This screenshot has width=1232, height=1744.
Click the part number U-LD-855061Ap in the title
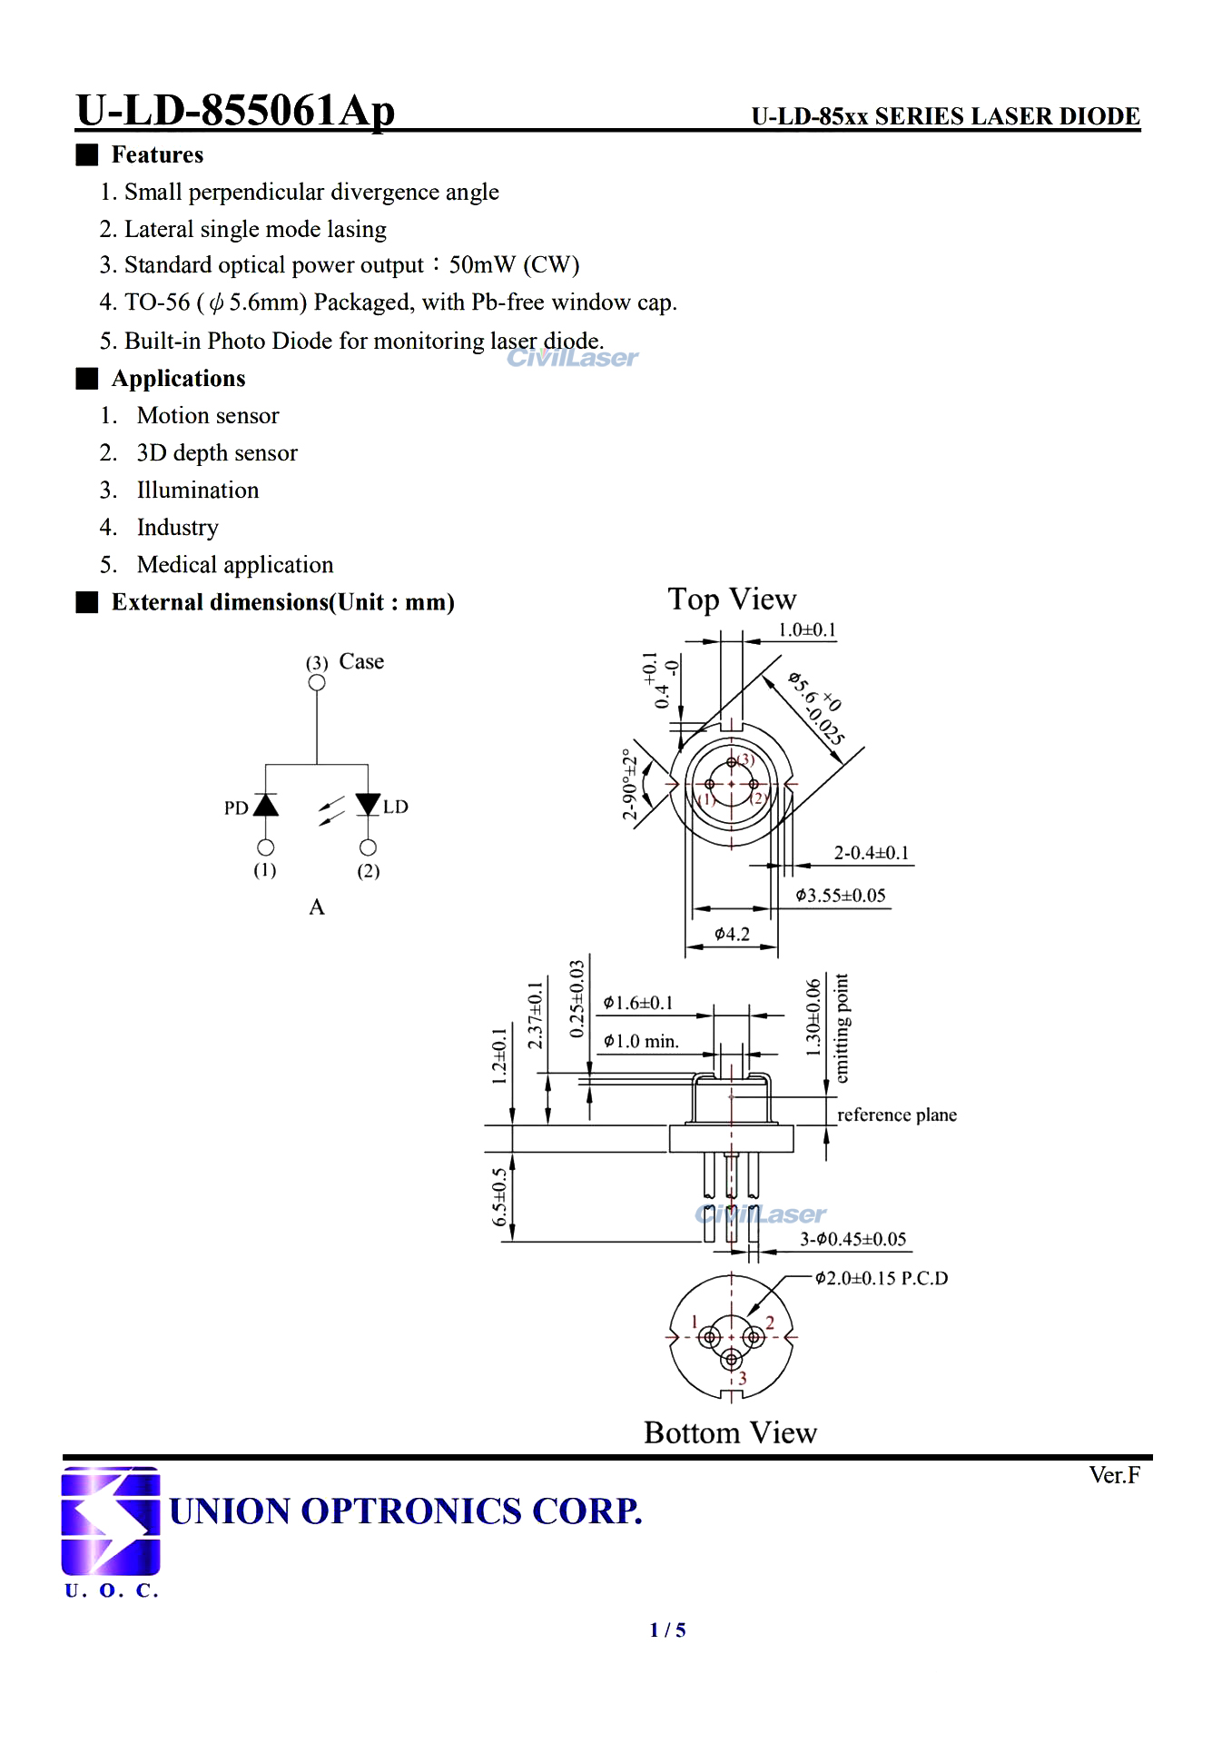click(x=235, y=111)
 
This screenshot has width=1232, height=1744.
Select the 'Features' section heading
click(x=156, y=154)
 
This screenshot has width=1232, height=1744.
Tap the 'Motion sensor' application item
click(x=207, y=415)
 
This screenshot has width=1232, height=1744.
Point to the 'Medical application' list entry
click(x=234, y=565)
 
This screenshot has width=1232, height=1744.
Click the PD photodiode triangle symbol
click(x=265, y=805)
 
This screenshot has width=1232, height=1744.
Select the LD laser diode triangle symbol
click(x=368, y=804)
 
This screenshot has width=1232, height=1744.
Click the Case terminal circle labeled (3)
click(x=317, y=682)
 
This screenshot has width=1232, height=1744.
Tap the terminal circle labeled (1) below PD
click(x=265, y=847)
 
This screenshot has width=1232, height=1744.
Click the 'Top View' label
click(x=732, y=599)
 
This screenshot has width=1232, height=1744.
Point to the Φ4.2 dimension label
click(x=732, y=934)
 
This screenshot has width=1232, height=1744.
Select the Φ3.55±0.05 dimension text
click(x=840, y=896)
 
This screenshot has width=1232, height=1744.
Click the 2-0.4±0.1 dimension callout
click(x=871, y=853)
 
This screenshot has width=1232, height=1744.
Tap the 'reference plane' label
click(x=896, y=1115)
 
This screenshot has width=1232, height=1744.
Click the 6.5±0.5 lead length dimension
click(x=499, y=1196)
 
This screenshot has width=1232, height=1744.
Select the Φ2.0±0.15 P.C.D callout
click(x=881, y=1278)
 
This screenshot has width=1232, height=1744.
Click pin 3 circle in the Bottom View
click(x=732, y=1360)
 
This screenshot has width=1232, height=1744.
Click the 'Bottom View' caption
click(x=730, y=1432)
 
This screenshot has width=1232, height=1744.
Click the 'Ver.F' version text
click(x=1114, y=1475)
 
